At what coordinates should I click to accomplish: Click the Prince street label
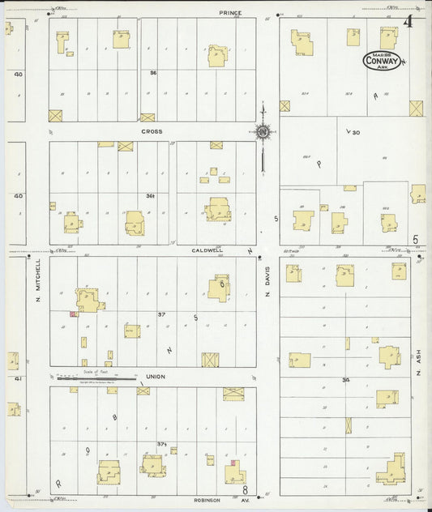click(x=231, y=14)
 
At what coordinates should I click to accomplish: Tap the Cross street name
click(x=152, y=131)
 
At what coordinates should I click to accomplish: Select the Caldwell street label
click(x=208, y=250)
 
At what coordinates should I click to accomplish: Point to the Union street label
click(x=156, y=378)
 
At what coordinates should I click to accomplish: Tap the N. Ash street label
click(x=420, y=367)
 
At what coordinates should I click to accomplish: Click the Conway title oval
click(x=380, y=59)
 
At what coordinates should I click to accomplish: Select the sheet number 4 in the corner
click(x=408, y=22)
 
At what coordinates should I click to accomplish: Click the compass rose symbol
click(x=263, y=132)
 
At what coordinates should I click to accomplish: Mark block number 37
click(x=161, y=314)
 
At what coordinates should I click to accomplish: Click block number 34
click(x=346, y=379)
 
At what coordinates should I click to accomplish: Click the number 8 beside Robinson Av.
click(x=244, y=490)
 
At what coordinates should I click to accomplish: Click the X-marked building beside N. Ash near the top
click(x=415, y=108)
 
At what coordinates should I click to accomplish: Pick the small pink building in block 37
click(x=73, y=313)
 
